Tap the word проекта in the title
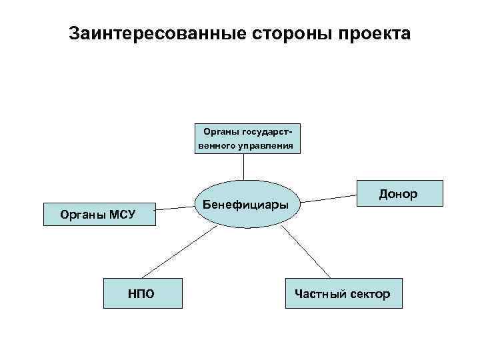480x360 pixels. (x=374, y=33)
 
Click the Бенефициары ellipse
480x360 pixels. (x=246, y=204)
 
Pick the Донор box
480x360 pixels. (x=400, y=193)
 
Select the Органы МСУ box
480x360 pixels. (x=98, y=214)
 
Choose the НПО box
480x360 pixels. (x=142, y=293)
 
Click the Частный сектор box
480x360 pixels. (x=344, y=293)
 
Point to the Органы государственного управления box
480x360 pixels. (x=248, y=138)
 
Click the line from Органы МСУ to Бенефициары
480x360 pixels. (x=175, y=208)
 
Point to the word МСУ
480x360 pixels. (x=122, y=214)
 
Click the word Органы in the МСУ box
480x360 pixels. (x=80, y=214)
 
